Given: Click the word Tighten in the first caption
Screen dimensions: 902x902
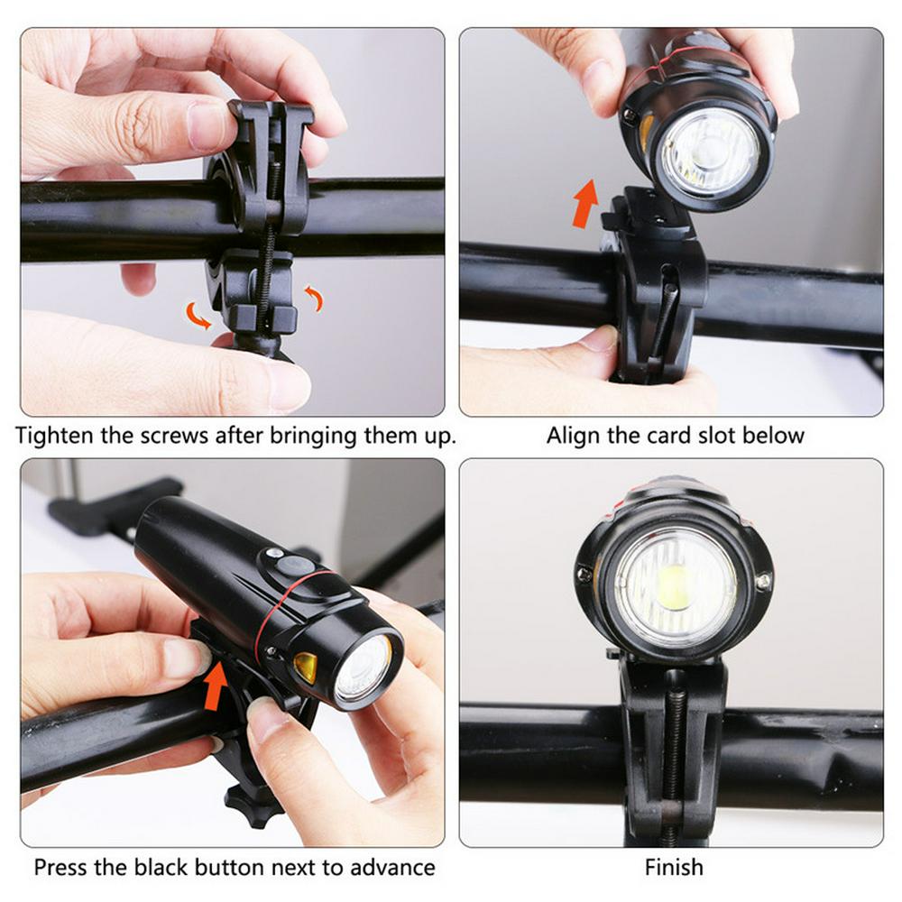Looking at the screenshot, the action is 55,436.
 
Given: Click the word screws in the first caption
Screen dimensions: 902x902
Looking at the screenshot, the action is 174,436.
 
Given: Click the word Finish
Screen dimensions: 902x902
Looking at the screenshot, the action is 674,867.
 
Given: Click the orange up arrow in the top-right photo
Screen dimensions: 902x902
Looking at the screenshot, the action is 585,203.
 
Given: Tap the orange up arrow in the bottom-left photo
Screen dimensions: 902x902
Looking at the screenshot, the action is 216,686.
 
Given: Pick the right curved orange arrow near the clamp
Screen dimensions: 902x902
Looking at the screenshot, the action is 314,298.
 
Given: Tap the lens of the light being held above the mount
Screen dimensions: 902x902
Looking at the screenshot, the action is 710,153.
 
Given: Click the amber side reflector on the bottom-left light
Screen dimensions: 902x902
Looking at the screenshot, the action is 306,667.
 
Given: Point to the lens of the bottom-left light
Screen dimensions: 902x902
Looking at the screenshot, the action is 364,669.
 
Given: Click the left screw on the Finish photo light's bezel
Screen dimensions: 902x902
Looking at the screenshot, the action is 585,573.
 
